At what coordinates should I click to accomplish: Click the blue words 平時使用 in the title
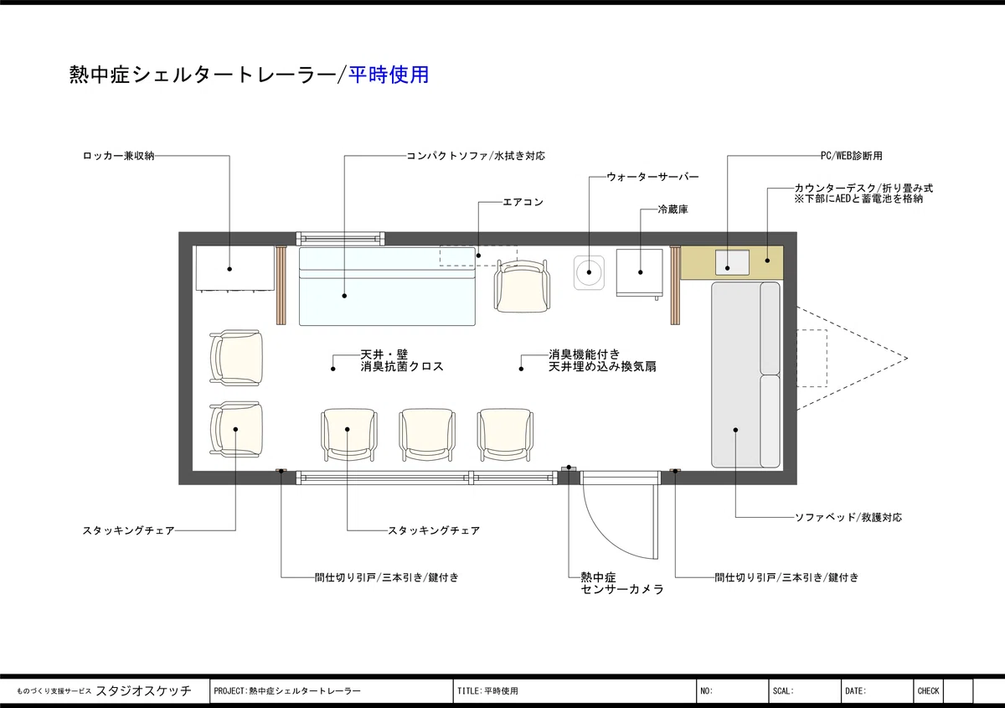coord(389,75)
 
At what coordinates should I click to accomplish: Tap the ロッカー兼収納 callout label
coord(118,156)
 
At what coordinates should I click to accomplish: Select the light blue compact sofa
coord(387,286)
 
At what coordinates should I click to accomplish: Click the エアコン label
coord(523,202)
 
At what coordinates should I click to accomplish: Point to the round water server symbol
coord(589,272)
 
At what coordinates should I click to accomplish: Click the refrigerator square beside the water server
coord(639,273)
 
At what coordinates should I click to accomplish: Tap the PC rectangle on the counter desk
coord(732,262)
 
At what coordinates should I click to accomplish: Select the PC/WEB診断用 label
coord(851,156)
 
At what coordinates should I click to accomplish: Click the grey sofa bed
coord(745,375)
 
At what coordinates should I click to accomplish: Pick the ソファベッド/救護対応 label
coord(848,517)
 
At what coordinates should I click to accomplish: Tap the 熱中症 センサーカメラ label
coord(621,583)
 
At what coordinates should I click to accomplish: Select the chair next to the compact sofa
coord(522,286)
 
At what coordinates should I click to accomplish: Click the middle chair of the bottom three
coord(427,435)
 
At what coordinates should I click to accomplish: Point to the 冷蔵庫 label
coord(673,209)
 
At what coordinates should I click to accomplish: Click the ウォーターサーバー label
coord(652,177)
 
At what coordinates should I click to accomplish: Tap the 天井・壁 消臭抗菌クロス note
coord(402,360)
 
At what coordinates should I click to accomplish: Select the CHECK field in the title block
coord(928,691)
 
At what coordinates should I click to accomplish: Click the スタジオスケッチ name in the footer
coord(143,690)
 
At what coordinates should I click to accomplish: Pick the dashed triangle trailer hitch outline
coord(852,359)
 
